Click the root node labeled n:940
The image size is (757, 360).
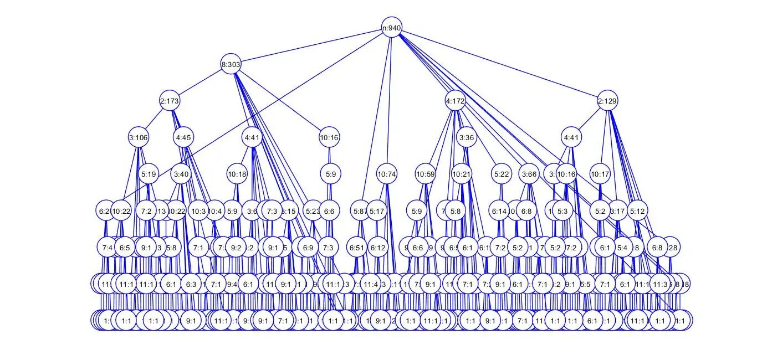coord(392,28)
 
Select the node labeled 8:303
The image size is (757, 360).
coord(231,64)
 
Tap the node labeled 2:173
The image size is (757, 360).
coord(170,101)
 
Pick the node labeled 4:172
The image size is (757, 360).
coord(455,101)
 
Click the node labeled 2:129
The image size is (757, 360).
coord(607,101)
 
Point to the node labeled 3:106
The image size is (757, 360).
coord(139,137)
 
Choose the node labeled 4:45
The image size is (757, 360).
coord(184,137)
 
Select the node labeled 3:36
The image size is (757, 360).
coord(467,137)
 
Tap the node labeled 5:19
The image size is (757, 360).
coord(149,174)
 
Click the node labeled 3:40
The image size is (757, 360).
coord(181,174)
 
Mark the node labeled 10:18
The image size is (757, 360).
coord(237,174)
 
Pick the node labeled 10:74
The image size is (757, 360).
coord(387,174)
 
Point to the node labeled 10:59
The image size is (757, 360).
coord(425,174)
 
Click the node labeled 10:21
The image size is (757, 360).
coord(461,174)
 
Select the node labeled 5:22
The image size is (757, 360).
coord(501,174)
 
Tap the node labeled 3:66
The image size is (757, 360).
coord(530,174)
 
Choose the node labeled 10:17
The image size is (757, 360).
coord(600,174)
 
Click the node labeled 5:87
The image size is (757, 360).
coord(361,210)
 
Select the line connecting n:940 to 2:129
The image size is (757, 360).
coord(499,64)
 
